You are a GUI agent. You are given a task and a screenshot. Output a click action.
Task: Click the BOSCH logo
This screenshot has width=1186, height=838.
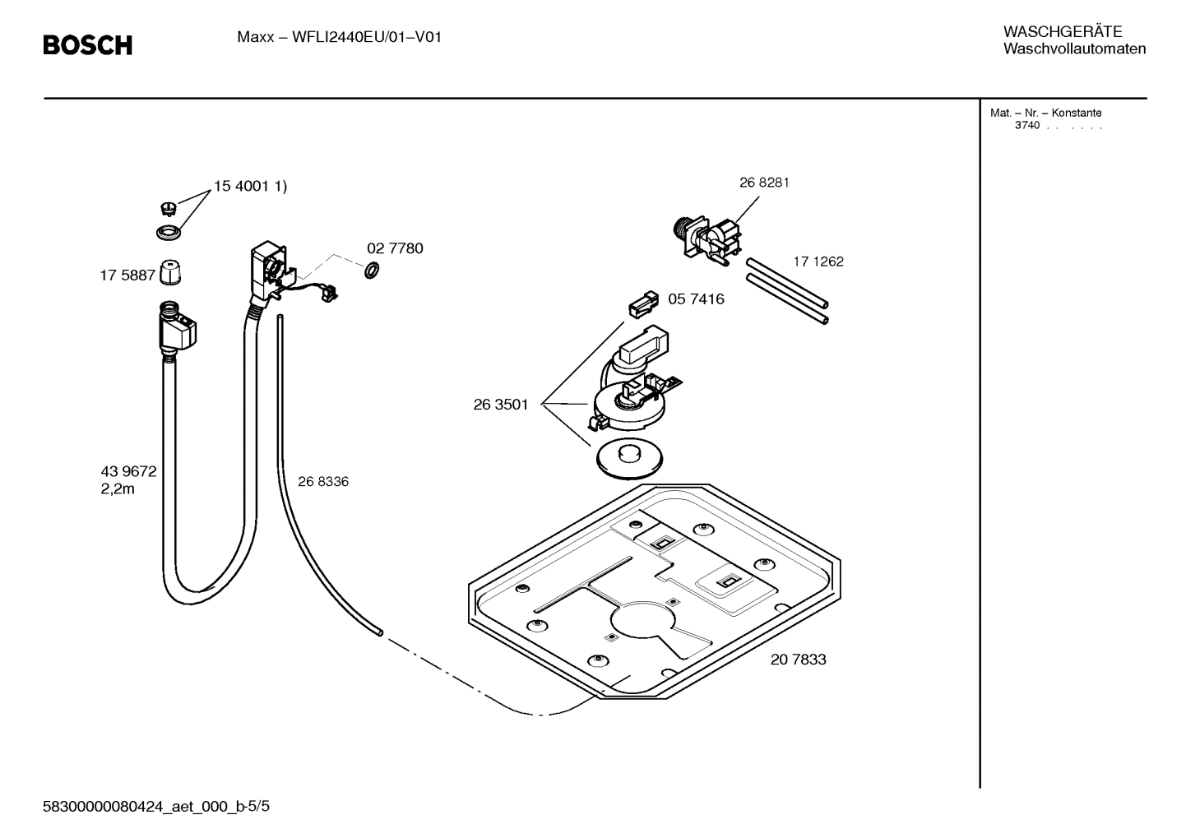pos(87,45)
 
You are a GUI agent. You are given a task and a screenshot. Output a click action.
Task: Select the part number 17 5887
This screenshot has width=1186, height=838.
pos(127,275)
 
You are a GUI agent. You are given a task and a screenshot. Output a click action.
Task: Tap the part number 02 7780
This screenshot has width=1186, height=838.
pos(395,248)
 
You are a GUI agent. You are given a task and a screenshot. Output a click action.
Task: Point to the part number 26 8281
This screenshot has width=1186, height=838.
pos(764,183)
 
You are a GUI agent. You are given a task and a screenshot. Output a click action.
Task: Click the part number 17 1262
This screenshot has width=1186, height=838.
pos(818,262)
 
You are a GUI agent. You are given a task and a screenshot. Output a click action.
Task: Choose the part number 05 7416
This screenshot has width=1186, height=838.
pos(696,299)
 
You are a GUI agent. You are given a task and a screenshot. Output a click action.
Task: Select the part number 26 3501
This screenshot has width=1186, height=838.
pos(501,405)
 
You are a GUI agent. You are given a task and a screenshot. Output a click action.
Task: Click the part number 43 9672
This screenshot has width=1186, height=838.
pos(128,472)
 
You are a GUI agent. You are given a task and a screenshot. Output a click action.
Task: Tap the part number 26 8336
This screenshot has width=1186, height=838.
pos(323,482)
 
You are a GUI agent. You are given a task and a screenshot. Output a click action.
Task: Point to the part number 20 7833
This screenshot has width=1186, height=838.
pos(799,660)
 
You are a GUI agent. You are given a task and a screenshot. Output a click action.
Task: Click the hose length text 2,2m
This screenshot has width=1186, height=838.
pos(118,489)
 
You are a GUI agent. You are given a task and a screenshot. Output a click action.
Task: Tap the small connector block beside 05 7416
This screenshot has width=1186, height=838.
pos(643,303)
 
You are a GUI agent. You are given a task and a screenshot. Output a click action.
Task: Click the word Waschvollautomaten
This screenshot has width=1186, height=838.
pos(1074,49)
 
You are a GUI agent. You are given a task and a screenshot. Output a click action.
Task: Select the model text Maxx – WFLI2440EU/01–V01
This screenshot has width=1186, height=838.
pos(340,37)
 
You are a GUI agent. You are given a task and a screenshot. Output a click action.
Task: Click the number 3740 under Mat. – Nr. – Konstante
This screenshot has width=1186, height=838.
pos(1027,126)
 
